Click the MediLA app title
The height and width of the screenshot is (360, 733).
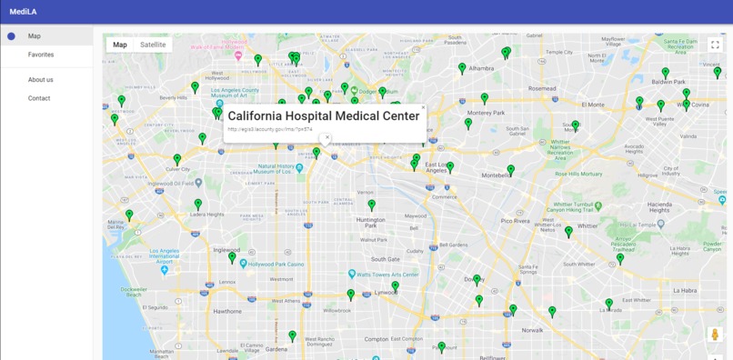(23, 11)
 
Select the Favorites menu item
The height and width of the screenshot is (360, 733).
(41, 55)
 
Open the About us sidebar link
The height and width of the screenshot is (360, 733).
(41, 80)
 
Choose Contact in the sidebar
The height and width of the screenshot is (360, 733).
(39, 98)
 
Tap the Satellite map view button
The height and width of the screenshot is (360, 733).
(153, 45)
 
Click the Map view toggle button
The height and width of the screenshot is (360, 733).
(120, 45)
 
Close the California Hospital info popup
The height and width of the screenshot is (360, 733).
(423, 107)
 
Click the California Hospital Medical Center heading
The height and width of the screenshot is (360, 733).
(324, 116)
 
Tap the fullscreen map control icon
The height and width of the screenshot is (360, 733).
(715, 45)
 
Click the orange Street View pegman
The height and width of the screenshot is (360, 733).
(715, 335)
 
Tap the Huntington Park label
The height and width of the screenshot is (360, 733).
(371, 223)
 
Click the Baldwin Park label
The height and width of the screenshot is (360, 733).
(668, 82)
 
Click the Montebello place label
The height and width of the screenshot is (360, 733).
(496, 175)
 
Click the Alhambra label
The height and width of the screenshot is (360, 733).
(481, 68)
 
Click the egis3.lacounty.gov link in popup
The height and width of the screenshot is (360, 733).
(270, 129)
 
